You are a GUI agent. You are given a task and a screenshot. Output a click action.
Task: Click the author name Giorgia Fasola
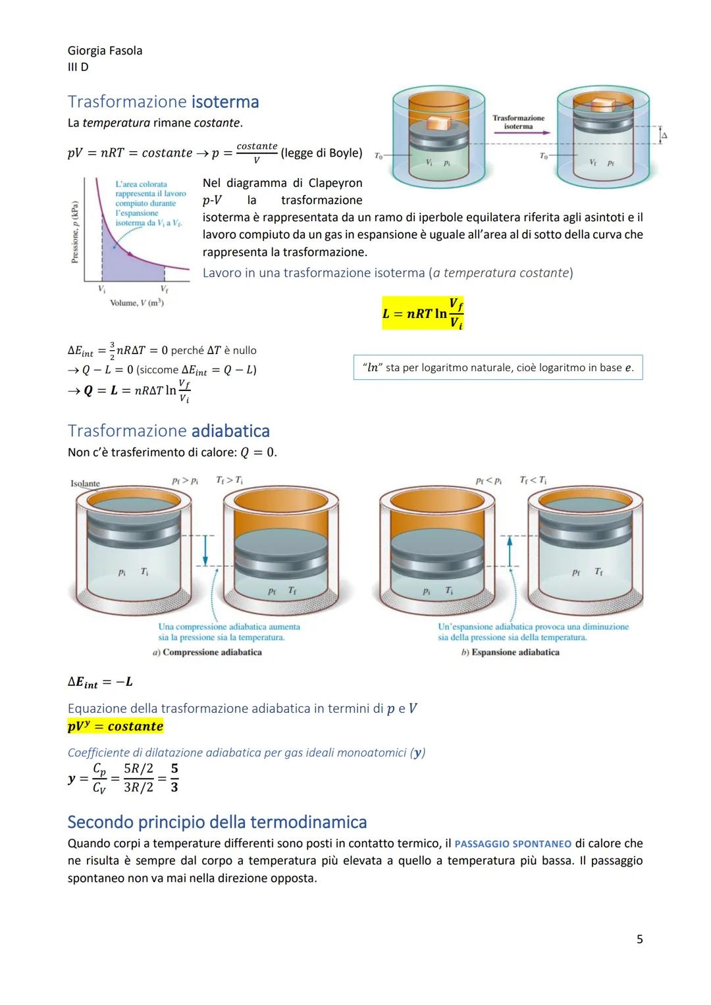click(x=105, y=51)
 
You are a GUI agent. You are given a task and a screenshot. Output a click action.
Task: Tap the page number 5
click(x=639, y=939)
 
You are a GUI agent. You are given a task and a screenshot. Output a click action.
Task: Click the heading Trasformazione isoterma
click(x=163, y=102)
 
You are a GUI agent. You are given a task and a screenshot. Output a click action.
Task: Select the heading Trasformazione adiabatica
click(x=169, y=431)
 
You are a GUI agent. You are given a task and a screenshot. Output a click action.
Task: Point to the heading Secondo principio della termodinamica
click(x=217, y=822)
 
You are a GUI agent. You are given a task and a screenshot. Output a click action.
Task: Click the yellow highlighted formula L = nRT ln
click(x=423, y=313)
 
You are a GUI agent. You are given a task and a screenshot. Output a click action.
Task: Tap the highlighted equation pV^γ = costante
click(x=115, y=727)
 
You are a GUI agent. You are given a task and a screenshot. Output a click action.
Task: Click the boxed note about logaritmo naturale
click(x=498, y=367)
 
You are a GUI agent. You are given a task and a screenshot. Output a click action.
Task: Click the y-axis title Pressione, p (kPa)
click(x=75, y=232)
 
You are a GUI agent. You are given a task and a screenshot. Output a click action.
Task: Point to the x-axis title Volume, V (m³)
click(x=137, y=303)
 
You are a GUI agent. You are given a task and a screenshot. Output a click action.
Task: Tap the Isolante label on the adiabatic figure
click(x=85, y=484)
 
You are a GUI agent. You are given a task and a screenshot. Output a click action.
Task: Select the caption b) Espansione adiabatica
click(x=510, y=652)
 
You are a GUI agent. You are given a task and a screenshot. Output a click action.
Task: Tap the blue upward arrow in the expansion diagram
click(x=509, y=550)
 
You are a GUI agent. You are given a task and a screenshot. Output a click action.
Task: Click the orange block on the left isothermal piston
click(x=437, y=122)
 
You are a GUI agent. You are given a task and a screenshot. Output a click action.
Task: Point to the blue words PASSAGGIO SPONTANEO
click(x=513, y=844)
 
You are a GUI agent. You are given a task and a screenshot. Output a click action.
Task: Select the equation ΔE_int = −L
click(x=100, y=682)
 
